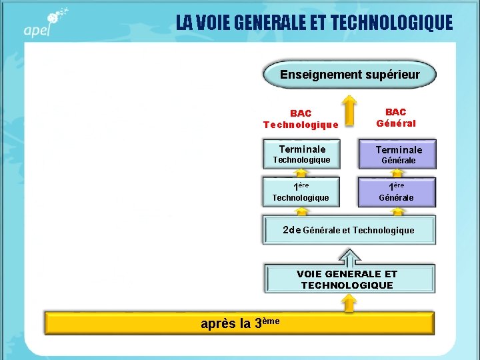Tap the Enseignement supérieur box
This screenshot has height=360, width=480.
coord(349,75)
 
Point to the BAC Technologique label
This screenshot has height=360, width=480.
coord(301,119)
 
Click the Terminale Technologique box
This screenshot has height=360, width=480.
coord(302,154)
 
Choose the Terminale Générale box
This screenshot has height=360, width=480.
coord(398,155)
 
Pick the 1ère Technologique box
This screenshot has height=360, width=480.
coord(301,191)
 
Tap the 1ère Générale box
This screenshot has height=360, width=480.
coord(397,191)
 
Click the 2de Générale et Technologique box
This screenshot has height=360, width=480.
coord(349,230)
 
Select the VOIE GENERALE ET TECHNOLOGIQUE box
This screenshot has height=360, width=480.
coord(349,279)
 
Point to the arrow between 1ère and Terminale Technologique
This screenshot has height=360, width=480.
coord(302,173)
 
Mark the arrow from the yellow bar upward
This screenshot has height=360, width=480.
coord(348,303)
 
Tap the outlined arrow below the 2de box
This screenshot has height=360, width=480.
coord(348,255)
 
